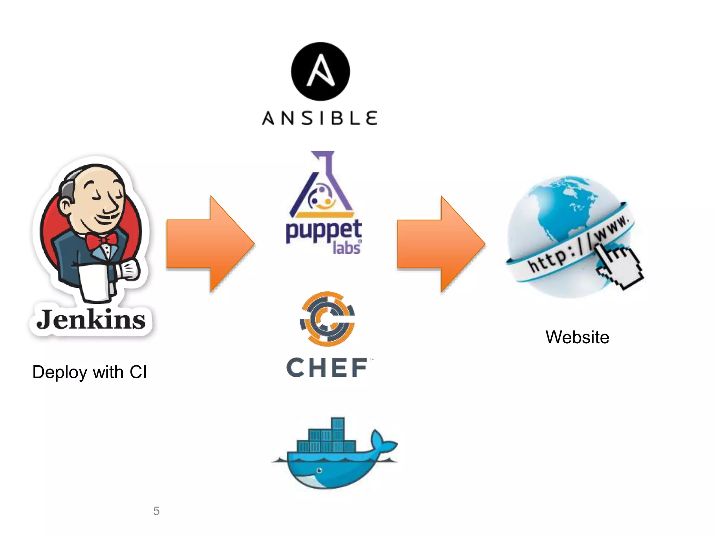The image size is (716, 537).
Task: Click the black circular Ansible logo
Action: click(320, 72)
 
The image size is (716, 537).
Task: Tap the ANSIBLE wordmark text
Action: click(320, 118)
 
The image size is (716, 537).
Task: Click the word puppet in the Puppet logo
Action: click(323, 231)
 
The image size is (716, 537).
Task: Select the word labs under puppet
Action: click(346, 248)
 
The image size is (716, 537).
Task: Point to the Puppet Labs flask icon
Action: click(322, 185)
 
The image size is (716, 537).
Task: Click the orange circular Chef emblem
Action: click(328, 319)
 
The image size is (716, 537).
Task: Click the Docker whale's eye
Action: click(319, 470)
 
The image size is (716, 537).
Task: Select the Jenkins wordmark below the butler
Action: click(91, 319)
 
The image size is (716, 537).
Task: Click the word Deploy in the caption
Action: click(59, 372)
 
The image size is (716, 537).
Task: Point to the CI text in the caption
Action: click(138, 372)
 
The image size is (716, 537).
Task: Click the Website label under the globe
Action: click(577, 337)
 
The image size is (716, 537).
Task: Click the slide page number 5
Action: click(156, 511)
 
